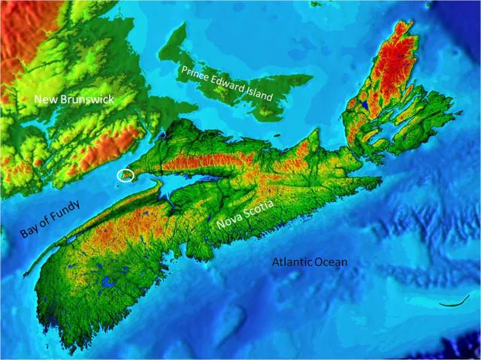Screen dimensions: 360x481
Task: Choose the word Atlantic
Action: [292, 263]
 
